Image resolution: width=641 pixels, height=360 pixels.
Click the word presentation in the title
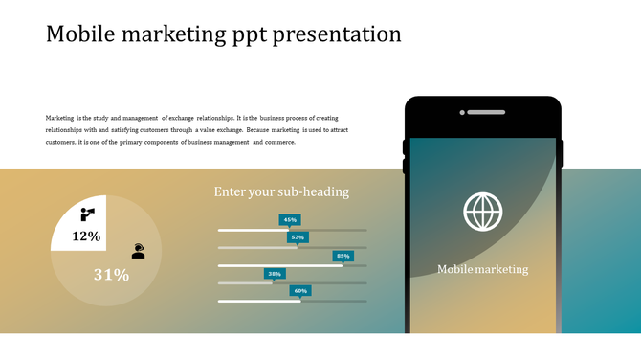point(338,35)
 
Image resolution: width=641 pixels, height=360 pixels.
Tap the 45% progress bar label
point(290,219)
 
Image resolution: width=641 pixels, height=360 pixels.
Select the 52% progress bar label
point(298,236)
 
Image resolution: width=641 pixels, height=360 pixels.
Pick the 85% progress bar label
point(343,256)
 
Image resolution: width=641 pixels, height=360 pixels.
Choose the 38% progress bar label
point(275,273)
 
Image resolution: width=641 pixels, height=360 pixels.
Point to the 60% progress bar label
point(300,290)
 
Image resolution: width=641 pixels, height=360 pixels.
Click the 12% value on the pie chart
point(86,236)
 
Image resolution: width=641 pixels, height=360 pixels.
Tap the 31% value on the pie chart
point(111,275)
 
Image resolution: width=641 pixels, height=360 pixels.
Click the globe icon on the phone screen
point(482,212)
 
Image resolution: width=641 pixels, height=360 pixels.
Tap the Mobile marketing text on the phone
point(482,269)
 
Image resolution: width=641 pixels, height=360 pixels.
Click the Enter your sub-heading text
point(281,191)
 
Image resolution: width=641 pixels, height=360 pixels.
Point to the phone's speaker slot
point(483,112)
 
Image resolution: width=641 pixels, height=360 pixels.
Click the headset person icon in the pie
point(139,250)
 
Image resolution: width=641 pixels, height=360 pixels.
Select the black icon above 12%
point(87,214)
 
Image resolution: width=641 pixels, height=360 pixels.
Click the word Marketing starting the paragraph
point(60,118)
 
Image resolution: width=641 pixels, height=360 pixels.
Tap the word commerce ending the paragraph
point(278,142)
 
